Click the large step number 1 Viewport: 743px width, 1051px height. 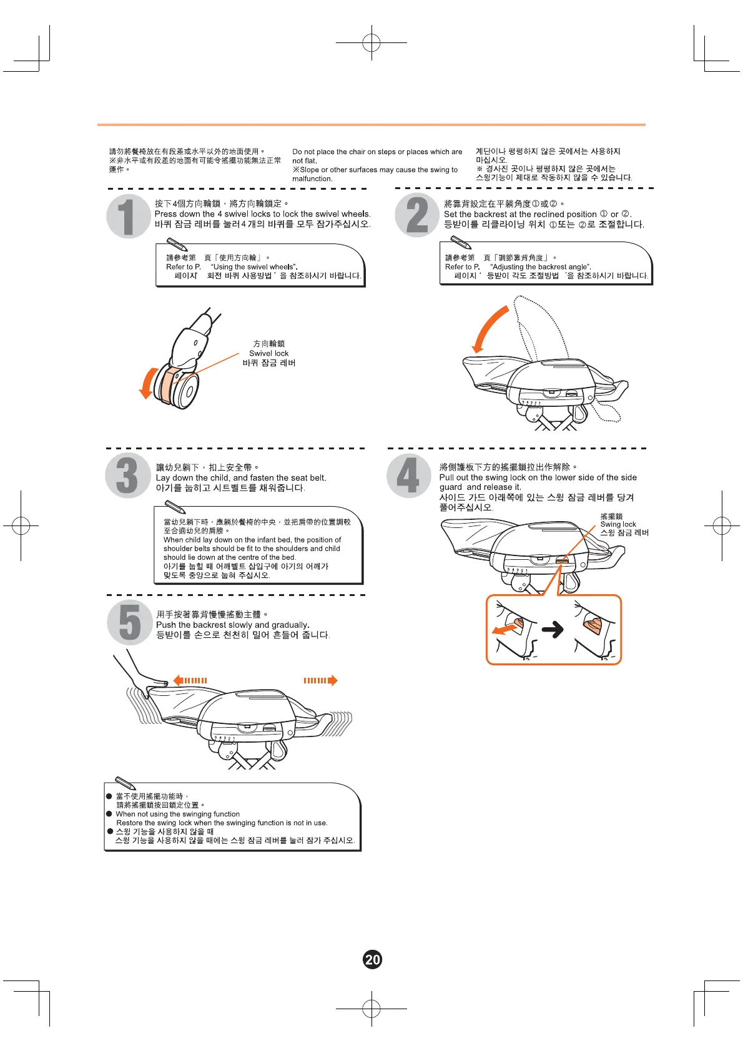point(127,217)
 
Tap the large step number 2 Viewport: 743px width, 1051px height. point(417,215)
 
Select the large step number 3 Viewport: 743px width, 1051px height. point(127,476)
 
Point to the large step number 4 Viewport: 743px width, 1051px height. point(408,476)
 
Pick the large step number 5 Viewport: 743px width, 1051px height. point(129,622)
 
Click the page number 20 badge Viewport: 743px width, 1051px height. point(372,959)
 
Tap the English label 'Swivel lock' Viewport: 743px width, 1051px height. point(268,353)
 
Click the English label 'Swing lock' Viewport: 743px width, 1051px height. point(618,524)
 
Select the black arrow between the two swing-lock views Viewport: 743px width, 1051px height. point(553,630)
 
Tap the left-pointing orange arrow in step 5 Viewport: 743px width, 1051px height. point(189,680)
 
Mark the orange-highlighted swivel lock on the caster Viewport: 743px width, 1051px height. point(169,383)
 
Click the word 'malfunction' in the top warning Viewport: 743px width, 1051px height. point(312,179)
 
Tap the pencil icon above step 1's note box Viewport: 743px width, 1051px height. point(177,244)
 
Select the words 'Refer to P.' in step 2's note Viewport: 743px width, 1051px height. point(462,267)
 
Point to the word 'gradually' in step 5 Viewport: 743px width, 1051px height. point(289,625)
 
